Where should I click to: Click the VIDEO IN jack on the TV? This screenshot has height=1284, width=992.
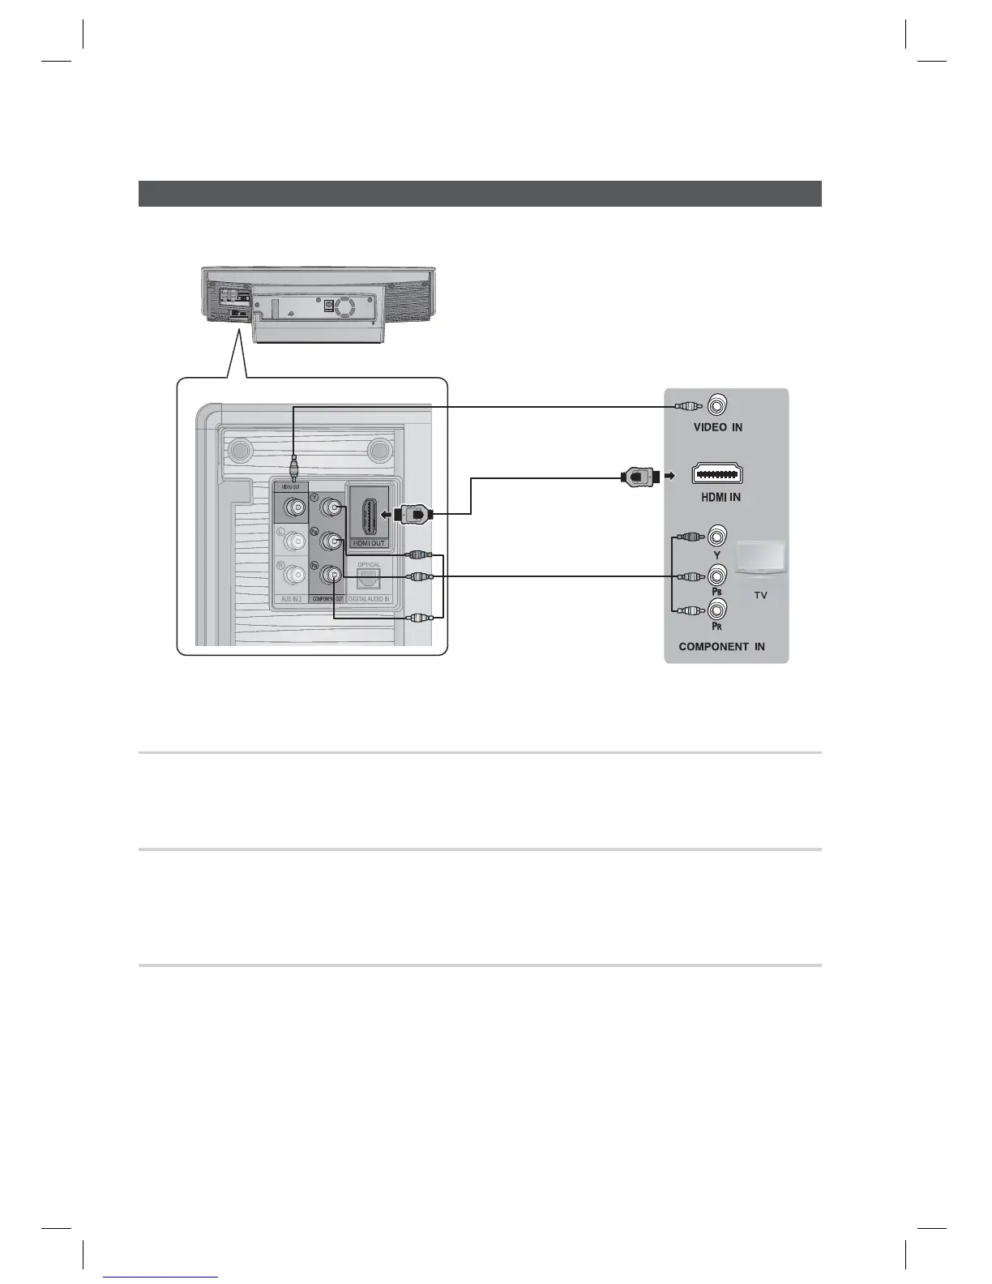(x=717, y=404)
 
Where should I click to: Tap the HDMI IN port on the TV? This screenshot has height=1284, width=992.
(x=717, y=475)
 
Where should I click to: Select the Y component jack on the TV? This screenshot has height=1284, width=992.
(x=717, y=536)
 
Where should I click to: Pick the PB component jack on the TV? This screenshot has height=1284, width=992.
(x=717, y=576)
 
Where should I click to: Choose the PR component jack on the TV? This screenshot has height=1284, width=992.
(x=717, y=610)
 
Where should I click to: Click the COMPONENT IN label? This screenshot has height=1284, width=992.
(x=721, y=647)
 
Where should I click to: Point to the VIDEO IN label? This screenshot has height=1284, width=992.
(x=717, y=427)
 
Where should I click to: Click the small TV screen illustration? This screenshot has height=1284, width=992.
(x=760, y=560)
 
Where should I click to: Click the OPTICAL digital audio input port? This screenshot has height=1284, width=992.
(x=368, y=578)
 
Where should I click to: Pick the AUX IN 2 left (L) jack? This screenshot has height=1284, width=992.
(x=292, y=541)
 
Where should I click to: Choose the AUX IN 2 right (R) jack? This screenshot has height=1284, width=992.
(x=292, y=574)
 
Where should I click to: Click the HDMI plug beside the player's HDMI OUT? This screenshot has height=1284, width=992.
(x=413, y=513)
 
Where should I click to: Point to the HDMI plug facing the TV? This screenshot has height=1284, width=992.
(x=639, y=476)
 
